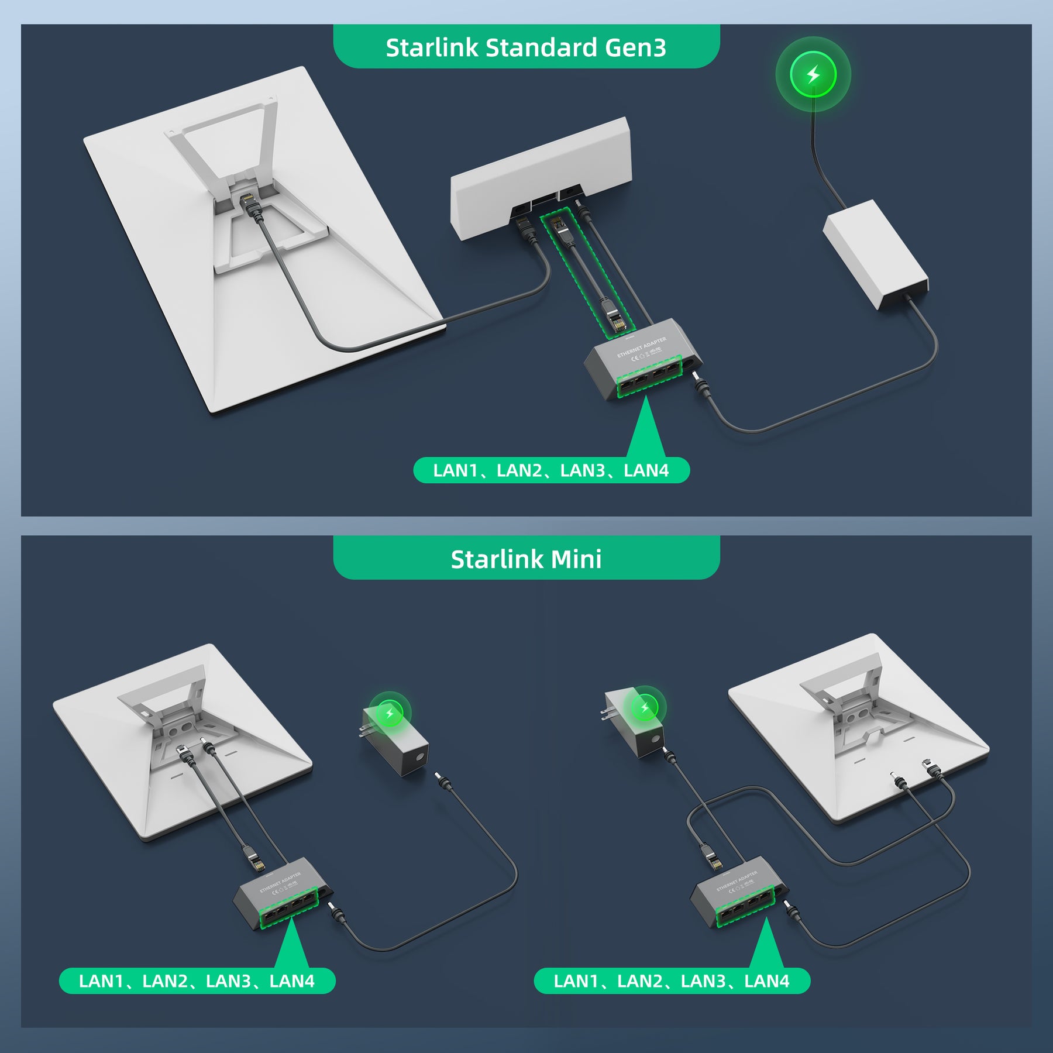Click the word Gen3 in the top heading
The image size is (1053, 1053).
click(x=635, y=47)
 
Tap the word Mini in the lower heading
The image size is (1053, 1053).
click(x=576, y=559)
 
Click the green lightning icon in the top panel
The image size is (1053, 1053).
click(x=813, y=74)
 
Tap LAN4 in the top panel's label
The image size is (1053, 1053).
click(x=646, y=470)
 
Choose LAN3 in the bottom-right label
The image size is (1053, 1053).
click(x=703, y=981)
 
